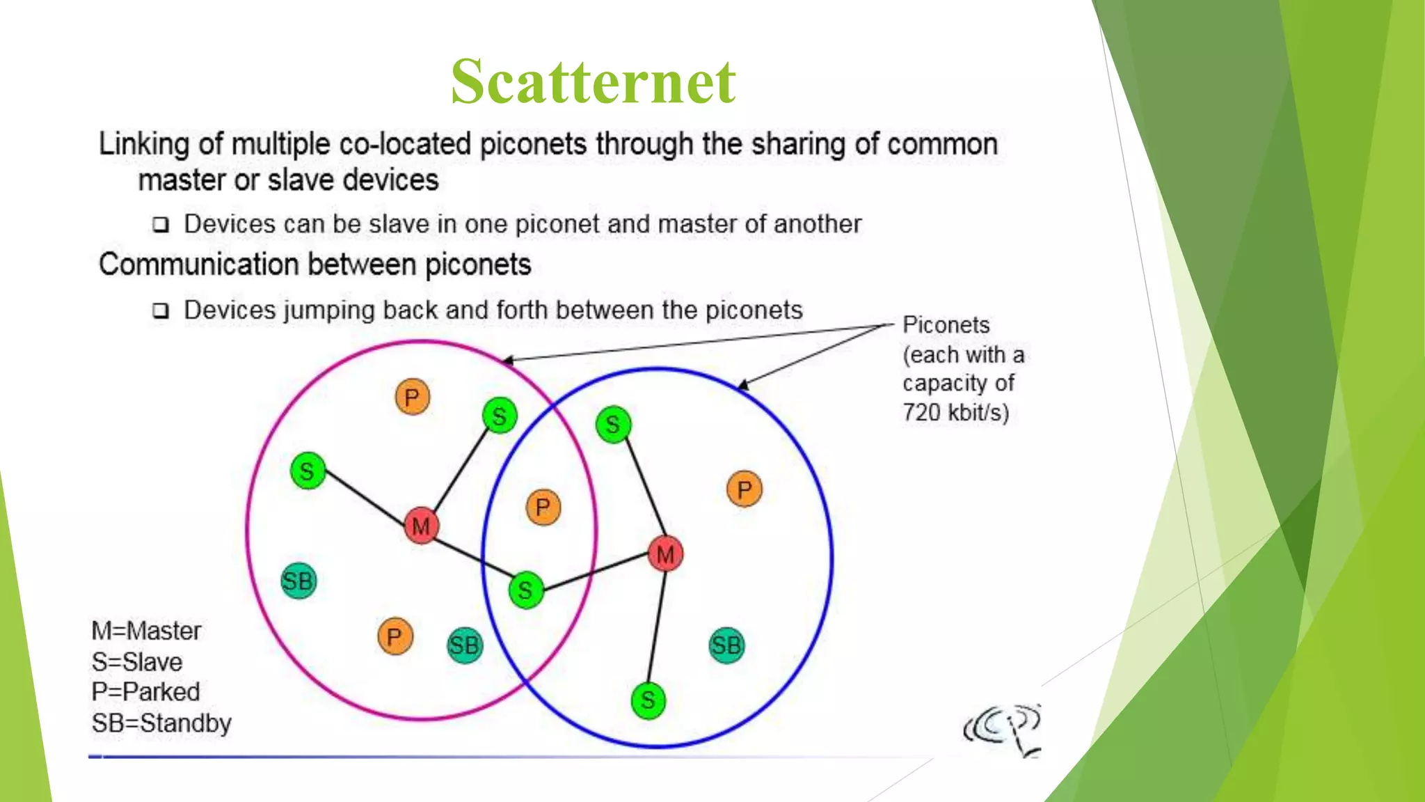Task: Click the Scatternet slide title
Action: pyautogui.click(x=593, y=82)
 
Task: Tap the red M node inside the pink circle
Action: pyautogui.click(x=421, y=526)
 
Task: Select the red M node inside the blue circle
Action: pyautogui.click(x=665, y=554)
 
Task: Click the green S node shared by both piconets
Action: pyautogui.click(x=525, y=590)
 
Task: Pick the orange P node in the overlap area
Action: pyautogui.click(x=543, y=507)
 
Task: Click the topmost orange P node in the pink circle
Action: pyautogui.click(x=412, y=398)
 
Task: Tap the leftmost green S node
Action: pyautogui.click(x=307, y=471)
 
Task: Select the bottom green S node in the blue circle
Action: pyautogui.click(x=648, y=700)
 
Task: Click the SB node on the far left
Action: pyautogui.click(x=298, y=581)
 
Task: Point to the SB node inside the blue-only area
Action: pyautogui.click(x=726, y=645)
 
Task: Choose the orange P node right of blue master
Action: pyautogui.click(x=744, y=489)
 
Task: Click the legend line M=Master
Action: pyautogui.click(x=146, y=631)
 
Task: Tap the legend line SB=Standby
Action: pyautogui.click(x=161, y=723)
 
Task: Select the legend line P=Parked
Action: pyautogui.click(x=145, y=691)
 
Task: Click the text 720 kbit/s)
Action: pyautogui.click(x=955, y=412)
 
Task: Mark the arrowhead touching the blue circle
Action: pyautogui.click(x=742, y=385)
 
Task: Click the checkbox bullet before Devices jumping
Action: pyautogui.click(x=161, y=310)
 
